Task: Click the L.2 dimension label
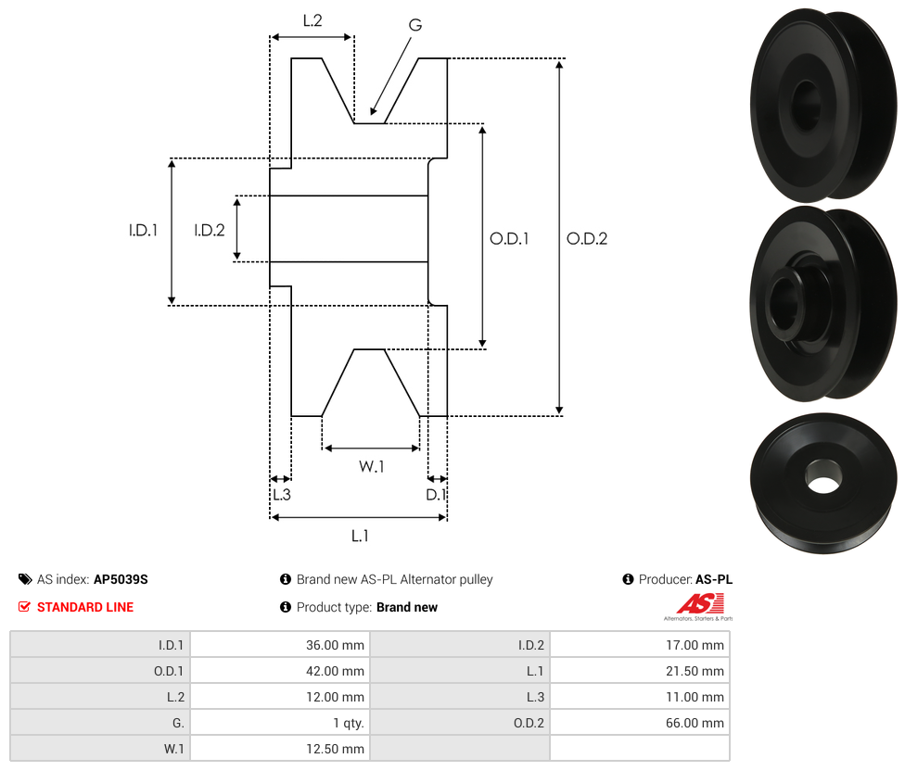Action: click(x=312, y=19)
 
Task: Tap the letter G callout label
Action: click(x=414, y=25)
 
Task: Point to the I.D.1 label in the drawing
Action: click(x=143, y=231)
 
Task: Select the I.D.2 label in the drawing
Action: click(x=209, y=231)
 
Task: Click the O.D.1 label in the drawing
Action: click(x=509, y=239)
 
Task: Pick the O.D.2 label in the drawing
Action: click(x=587, y=239)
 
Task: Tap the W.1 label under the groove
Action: click(x=372, y=466)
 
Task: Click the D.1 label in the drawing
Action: click(x=436, y=495)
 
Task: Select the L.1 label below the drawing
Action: click(x=360, y=536)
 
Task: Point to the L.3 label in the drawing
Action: click(x=281, y=495)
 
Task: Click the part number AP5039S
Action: click(x=121, y=579)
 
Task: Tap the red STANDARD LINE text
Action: click(x=85, y=607)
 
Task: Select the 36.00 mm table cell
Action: click(x=279, y=645)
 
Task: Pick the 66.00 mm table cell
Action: click(x=639, y=723)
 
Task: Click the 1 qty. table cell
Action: click(x=279, y=723)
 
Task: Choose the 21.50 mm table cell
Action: click(x=639, y=671)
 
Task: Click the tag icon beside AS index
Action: click(x=25, y=579)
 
